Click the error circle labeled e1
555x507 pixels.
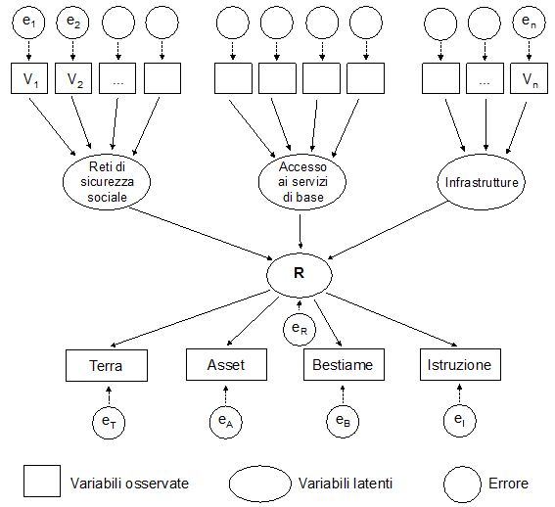click(x=28, y=23)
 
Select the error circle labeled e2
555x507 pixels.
click(x=72, y=23)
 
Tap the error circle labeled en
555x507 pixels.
click(x=529, y=23)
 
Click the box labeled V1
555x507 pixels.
click(x=29, y=78)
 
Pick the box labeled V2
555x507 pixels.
click(x=73, y=78)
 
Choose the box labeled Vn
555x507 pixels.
click(x=529, y=78)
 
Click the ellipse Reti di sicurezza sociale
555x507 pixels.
click(x=107, y=182)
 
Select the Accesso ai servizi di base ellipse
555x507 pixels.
click(x=302, y=182)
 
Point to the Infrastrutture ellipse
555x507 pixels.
click(x=482, y=182)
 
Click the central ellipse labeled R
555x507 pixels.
click(x=300, y=275)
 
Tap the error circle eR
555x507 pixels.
click(x=300, y=329)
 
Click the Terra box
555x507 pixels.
click(x=107, y=365)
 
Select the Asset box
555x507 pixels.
click(x=226, y=365)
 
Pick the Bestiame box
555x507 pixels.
click(x=344, y=365)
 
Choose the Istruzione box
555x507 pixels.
click(x=460, y=365)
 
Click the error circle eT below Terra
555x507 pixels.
click(x=109, y=423)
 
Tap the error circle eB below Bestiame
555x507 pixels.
click(x=343, y=421)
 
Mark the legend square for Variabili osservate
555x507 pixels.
click(x=42, y=482)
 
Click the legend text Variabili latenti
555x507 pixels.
click(x=346, y=484)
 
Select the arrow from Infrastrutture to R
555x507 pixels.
click(x=388, y=230)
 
